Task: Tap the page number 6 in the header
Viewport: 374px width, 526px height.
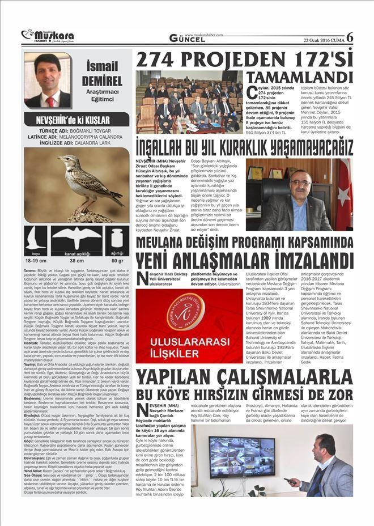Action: [x=349, y=36]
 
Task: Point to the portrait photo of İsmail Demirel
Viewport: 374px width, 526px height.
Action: [x=48, y=80]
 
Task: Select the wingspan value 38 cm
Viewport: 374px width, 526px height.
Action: [x=76, y=261]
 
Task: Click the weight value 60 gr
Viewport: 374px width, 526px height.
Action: [x=117, y=261]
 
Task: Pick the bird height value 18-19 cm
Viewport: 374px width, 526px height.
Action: [x=36, y=261]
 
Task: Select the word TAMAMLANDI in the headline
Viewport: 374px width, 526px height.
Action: [x=300, y=78]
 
